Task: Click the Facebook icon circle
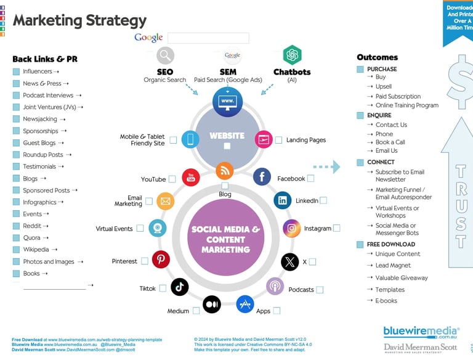(262, 177)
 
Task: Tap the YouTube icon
(191, 178)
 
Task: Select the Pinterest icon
(161, 260)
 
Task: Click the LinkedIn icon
(283, 200)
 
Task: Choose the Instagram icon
(292, 228)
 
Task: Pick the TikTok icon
(180, 287)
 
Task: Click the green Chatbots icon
(292, 55)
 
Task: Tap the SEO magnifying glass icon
(165, 56)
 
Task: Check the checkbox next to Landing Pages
(279, 140)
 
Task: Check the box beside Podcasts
(320, 290)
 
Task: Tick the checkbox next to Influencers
(16, 72)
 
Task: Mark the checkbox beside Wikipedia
(16, 250)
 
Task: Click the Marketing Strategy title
(79, 20)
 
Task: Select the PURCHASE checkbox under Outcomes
(360, 69)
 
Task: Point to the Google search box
(208, 38)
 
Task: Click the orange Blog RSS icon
(225, 170)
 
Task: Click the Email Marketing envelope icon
(165, 200)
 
